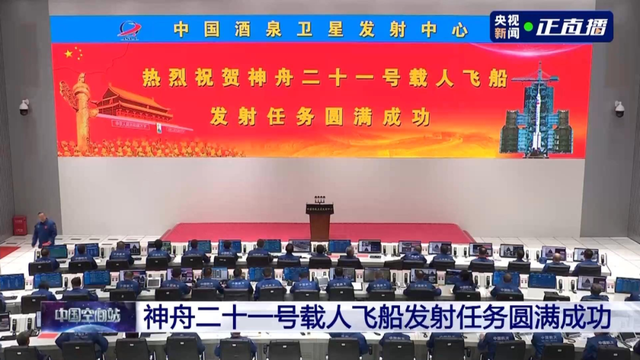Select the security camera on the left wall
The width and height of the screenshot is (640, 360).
tap(23, 106)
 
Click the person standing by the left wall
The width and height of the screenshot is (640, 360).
tap(43, 231)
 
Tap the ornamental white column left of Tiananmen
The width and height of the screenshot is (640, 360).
tap(81, 110)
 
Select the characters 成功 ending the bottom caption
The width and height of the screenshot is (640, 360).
tap(585, 320)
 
